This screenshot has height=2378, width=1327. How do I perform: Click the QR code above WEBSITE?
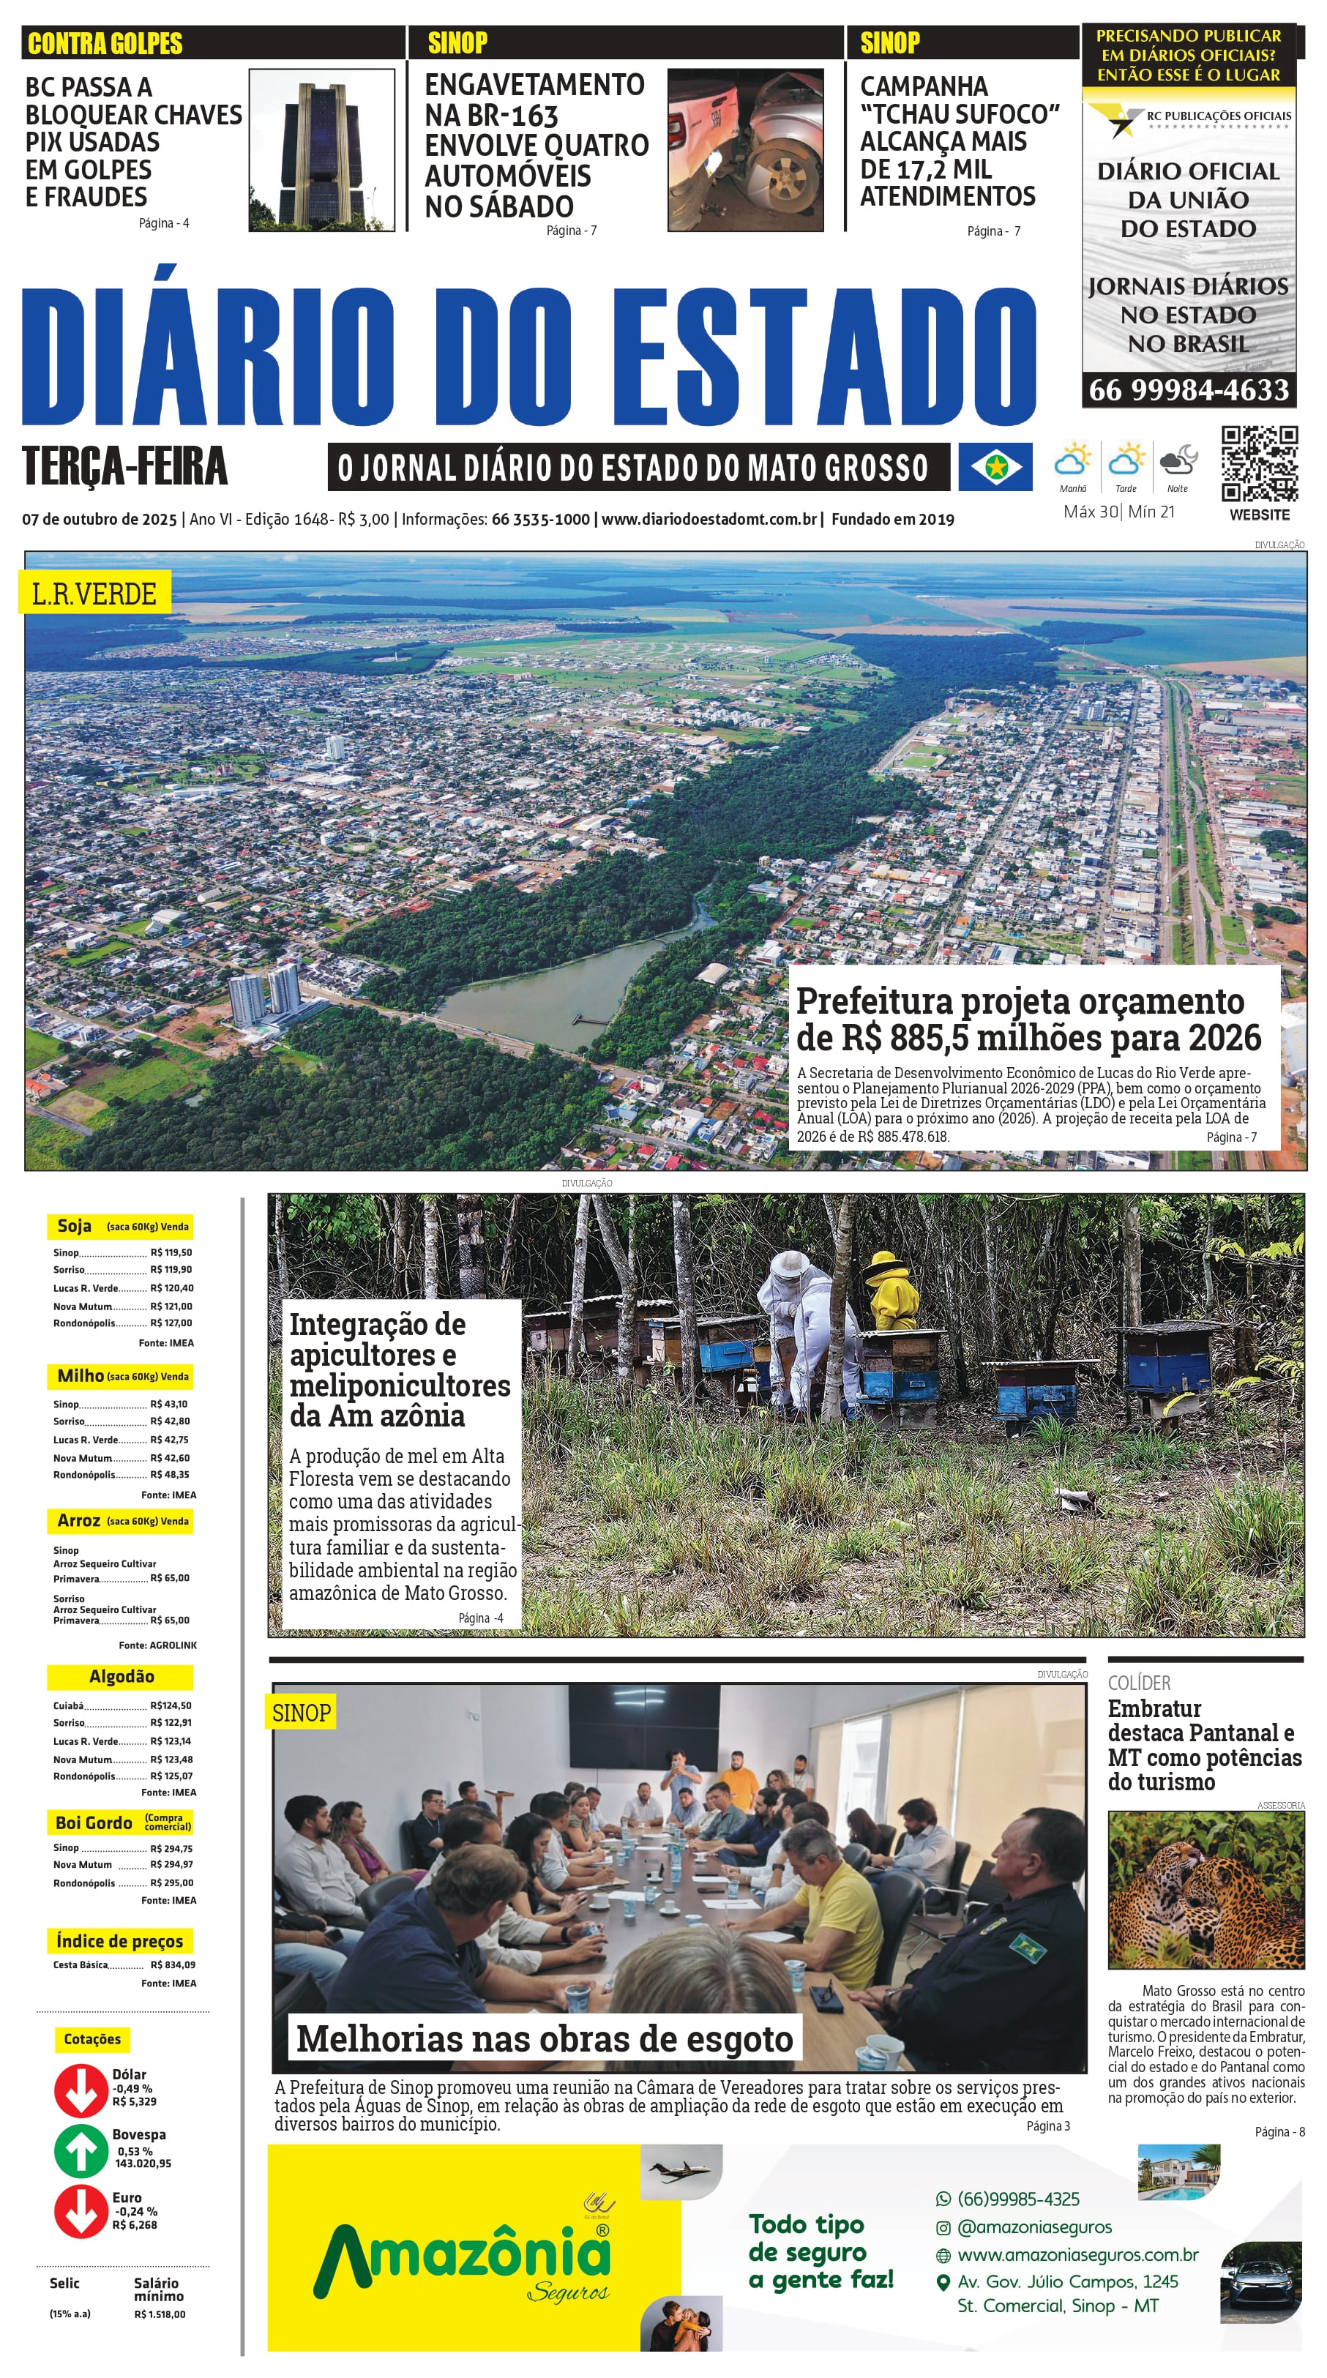[1259, 463]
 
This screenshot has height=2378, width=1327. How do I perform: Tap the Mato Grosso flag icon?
[995, 467]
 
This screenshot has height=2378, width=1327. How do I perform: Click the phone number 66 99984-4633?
[1189, 391]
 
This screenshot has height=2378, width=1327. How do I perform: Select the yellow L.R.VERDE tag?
[94, 594]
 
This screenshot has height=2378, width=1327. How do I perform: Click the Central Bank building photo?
[321, 151]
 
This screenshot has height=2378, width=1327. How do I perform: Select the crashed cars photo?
[744, 151]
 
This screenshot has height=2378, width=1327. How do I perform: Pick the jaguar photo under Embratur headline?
[1205, 1891]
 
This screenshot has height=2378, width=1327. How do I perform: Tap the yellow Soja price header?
[120, 1226]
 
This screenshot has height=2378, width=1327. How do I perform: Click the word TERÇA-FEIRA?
[124, 466]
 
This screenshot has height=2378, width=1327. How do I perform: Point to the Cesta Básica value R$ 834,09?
[173, 1964]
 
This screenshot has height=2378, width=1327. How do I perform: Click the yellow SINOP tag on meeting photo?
[301, 1713]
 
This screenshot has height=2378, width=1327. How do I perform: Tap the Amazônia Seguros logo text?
[462, 2258]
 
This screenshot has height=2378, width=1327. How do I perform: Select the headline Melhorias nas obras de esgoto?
[544, 2038]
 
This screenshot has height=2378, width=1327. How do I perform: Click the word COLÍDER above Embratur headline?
[1139, 1683]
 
